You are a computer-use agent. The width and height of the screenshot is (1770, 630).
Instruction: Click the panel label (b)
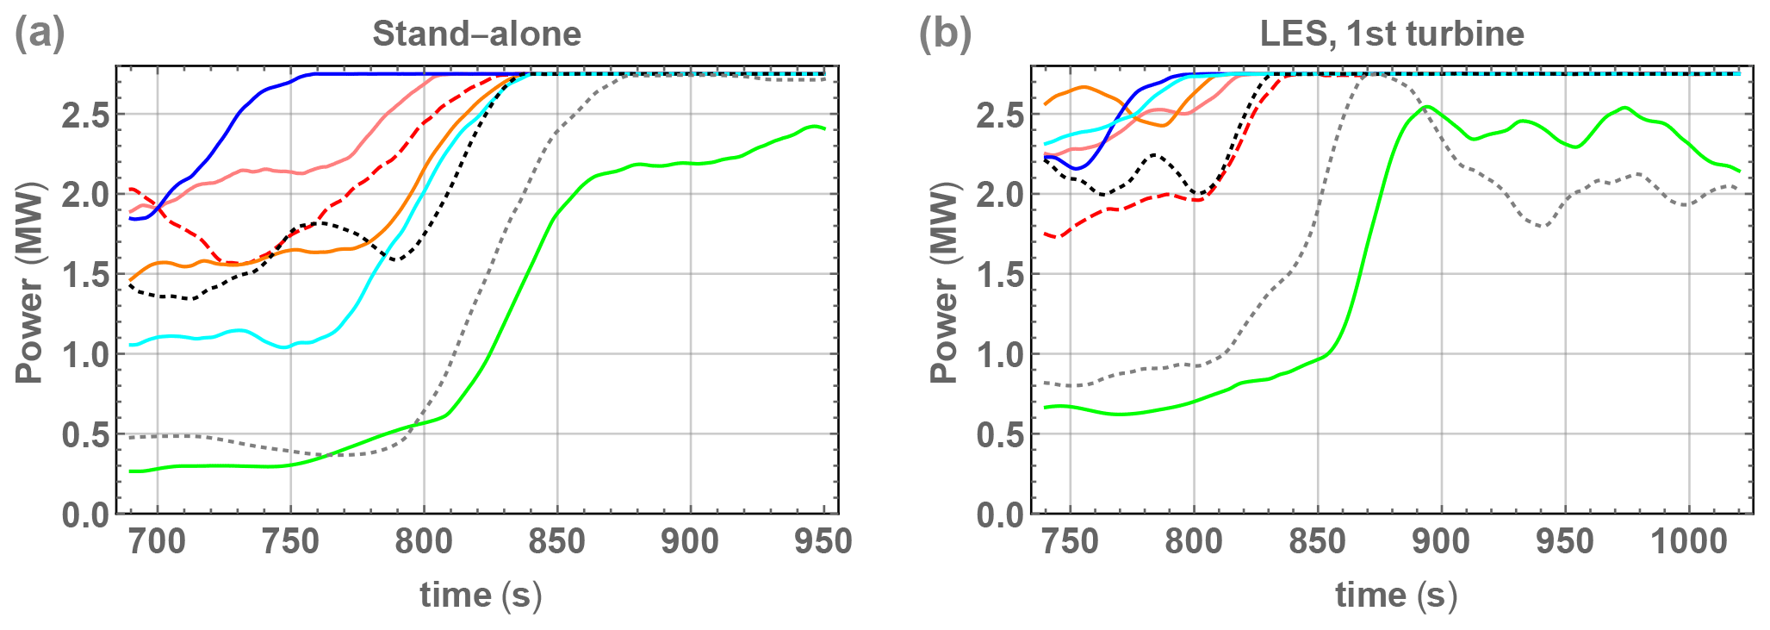(945, 34)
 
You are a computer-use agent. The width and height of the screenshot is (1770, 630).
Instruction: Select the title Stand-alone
(476, 34)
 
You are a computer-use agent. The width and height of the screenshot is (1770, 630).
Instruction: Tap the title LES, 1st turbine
(1392, 34)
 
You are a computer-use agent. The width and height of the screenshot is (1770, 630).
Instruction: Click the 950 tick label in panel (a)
(824, 542)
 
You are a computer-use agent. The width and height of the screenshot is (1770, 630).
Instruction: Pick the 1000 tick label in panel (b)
(1689, 542)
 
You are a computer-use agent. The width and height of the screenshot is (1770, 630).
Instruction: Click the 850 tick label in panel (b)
(1318, 542)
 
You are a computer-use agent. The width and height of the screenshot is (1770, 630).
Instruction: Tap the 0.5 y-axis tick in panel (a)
(86, 435)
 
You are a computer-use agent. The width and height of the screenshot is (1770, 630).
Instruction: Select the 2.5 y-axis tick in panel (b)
(1001, 115)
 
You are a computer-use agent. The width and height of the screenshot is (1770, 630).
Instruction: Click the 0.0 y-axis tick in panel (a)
(86, 515)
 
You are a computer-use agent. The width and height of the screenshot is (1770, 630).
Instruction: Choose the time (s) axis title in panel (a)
(481, 596)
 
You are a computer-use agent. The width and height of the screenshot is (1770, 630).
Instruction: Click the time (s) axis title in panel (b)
(1396, 596)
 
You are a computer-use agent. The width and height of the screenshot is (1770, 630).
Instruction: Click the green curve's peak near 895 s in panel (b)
(1427, 107)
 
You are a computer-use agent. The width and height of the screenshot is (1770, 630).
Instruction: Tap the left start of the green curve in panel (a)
(131, 471)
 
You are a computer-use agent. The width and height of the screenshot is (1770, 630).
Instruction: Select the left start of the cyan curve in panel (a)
(131, 345)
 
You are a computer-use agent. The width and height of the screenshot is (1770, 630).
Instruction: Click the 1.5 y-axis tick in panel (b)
(1001, 275)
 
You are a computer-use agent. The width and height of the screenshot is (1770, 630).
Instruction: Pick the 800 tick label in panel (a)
(424, 542)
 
